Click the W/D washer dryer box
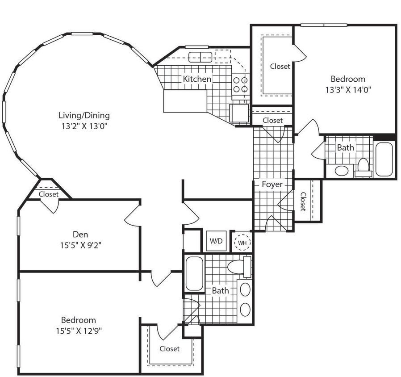click(x=216, y=241)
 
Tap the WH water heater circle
click(x=242, y=242)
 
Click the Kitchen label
click(x=197, y=79)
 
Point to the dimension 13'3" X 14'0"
click(x=348, y=89)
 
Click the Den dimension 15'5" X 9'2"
click(x=80, y=245)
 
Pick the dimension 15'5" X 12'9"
click(x=79, y=331)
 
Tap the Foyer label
click(x=272, y=184)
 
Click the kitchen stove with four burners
click(x=240, y=84)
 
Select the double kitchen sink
click(x=200, y=57)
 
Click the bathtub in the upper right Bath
click(x=384, y=159)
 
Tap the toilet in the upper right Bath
click(x=363, y=166)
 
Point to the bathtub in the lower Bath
click(x=194, y=273)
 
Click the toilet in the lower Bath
click(x=237, y=267)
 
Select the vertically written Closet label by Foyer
click(x=303, y=201)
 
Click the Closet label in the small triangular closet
click(x=48, y=194)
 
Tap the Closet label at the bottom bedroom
click(x=170, y=348)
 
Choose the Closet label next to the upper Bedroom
click(x=280, y=66)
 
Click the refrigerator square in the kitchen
click(x=239, y=113)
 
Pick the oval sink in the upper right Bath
click(x=342, y=170)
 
